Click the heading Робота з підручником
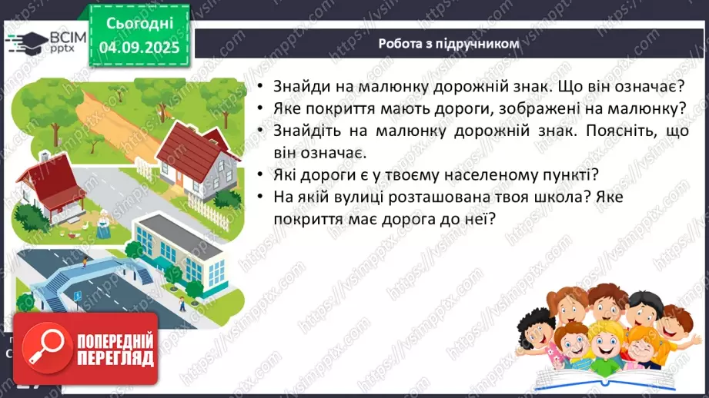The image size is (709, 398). click(x=449, y=44)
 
